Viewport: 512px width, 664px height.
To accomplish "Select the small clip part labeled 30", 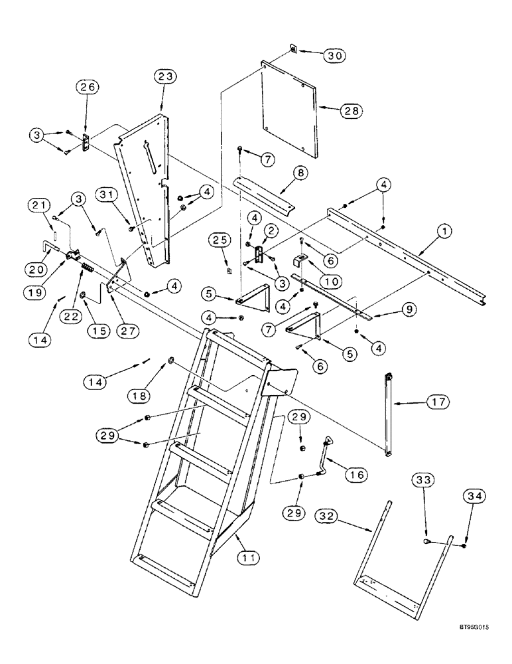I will (293, 48).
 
